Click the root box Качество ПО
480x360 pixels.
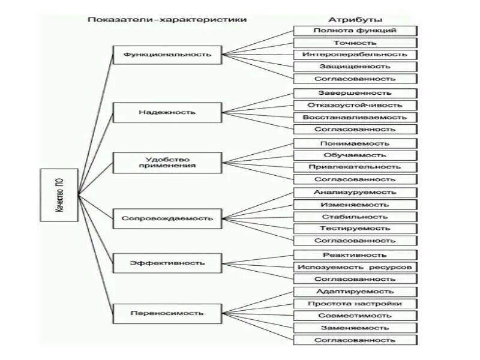tap(59, 195)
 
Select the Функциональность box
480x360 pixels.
tap(167, 54)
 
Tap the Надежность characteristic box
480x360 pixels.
tap(167, 112)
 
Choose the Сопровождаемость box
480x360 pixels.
tap(167, 218)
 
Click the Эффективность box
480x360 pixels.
tap(167, 263)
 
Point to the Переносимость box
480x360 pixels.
tap(167, 313)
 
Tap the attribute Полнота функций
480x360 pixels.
tap(355, 31)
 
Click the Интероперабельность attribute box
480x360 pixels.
tap(355, 55)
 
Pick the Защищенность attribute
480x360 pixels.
tap(355, 67)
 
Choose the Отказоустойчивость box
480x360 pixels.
tap(355, 105)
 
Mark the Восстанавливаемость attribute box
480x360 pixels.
tap(355, 117)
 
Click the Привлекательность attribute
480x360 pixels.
tap(355, 167)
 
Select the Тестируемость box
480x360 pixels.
tap(355, 229)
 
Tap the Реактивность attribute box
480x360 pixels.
tap(355, 255)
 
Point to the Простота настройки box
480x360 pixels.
tap(355, 304)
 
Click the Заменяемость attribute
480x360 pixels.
tap(355, 328)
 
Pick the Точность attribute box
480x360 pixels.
tap(355, 43)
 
